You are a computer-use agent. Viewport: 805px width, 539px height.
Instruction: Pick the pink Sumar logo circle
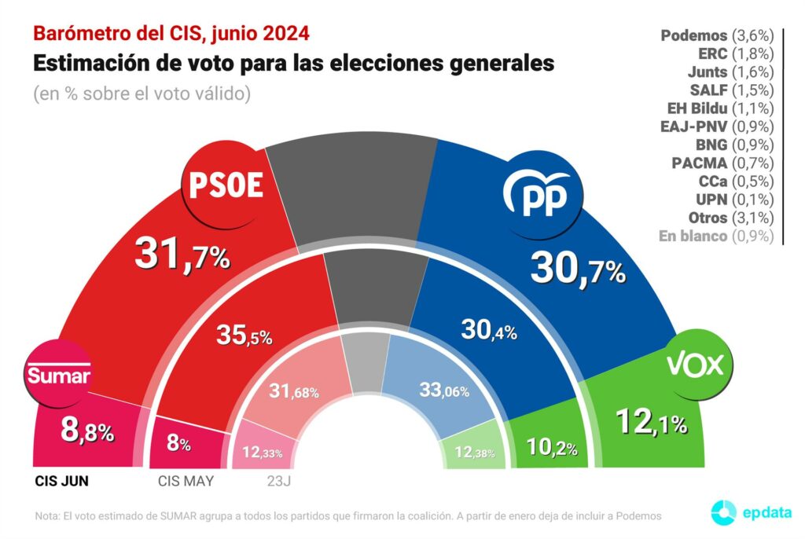[x=58, y=375]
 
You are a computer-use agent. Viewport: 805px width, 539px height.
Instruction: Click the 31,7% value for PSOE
[x=182, y=254]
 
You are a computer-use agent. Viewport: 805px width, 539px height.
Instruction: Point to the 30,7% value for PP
[x=578, y=268]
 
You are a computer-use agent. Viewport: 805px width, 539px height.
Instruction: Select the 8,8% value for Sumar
[x=87, y=431]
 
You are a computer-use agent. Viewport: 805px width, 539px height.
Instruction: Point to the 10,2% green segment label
[x=552, y=449]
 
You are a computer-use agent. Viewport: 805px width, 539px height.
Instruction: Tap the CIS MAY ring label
[x=186, y=481]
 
